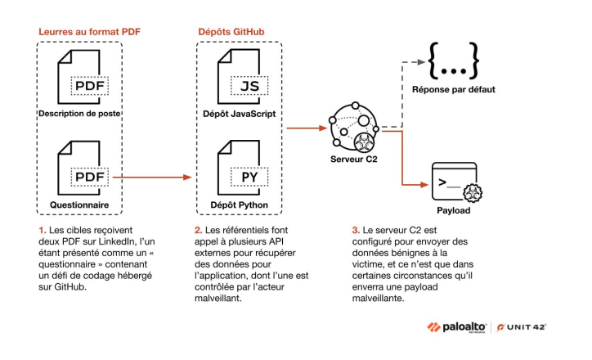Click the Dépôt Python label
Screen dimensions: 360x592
point(240,205)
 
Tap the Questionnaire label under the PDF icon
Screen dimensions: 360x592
point(79,205)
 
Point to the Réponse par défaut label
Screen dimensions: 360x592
point(455,90)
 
